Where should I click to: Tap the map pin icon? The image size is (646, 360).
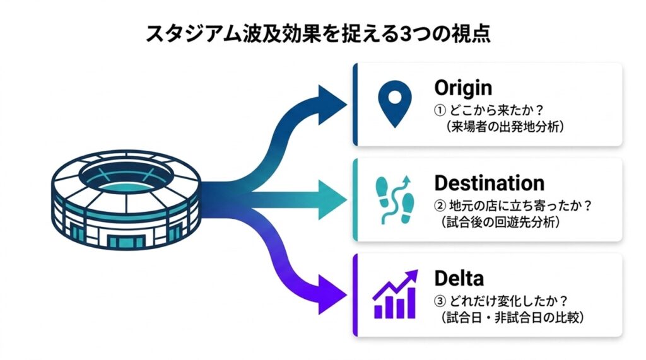point(390,104)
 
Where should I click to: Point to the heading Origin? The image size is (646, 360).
point(463,87)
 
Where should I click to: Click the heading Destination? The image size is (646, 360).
point(489,183)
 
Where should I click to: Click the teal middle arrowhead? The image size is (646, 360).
point(333,200)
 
